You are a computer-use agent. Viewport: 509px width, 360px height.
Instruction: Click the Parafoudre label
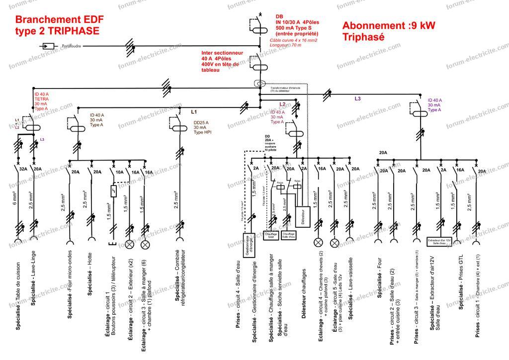click(x=69, y=46)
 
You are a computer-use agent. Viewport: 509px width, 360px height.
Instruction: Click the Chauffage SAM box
click(x=270, y=235)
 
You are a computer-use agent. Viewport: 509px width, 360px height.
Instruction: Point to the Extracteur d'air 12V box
click(x=438, y=242)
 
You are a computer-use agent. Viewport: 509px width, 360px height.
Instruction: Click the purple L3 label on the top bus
click(x=357, y=98)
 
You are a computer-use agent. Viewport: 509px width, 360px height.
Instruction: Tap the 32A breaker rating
click(x=23, y=169)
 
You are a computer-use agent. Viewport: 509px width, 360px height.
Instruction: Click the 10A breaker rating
click(x=119, y=172)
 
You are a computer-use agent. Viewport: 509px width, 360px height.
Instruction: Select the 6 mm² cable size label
click(x=15, y=200)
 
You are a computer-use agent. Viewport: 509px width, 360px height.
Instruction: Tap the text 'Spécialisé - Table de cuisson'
click(x=18, y=296)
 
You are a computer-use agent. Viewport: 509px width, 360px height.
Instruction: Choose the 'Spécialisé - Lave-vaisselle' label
click(x=351, y=290)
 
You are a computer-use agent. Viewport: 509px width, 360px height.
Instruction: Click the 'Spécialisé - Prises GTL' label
click(x=462, y=283)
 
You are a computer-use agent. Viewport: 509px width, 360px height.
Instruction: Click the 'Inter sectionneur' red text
click(x=222, y=52)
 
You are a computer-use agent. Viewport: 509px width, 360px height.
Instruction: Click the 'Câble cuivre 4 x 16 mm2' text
click(x=293, y=39)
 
